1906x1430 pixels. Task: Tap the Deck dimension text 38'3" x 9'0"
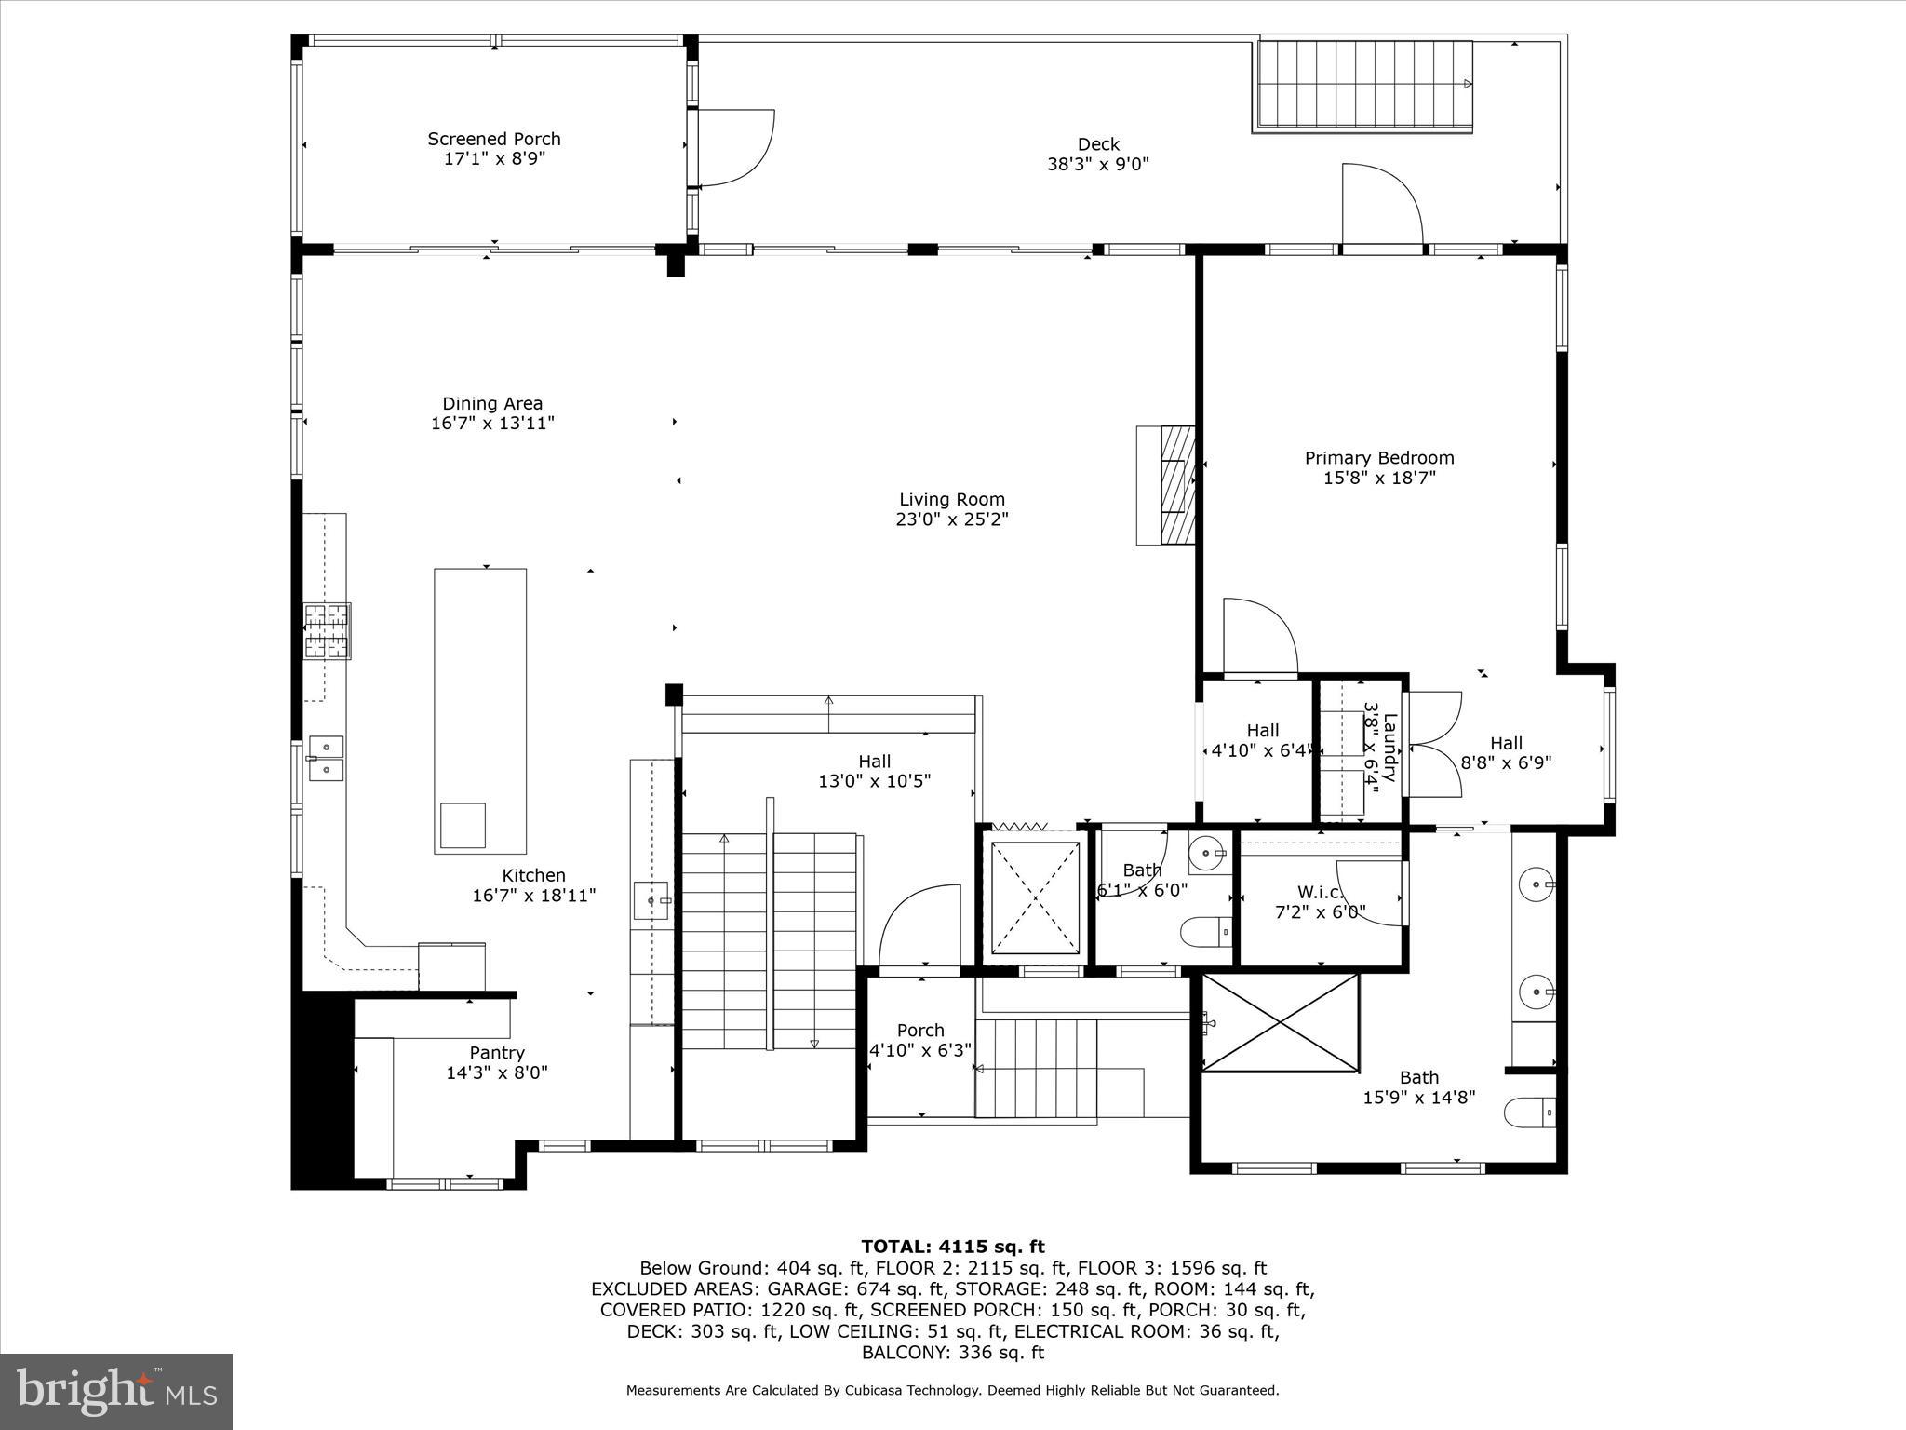click(x=1098, y=165)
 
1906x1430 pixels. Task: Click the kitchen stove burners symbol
click(x=327, y=631)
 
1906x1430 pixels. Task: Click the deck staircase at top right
click(x=1365, y=85)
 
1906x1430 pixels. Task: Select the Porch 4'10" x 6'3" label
click(x=919, y=1040)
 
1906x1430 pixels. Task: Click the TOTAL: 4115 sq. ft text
click(x=952, y=1247)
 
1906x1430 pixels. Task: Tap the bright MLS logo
click(x=116, y=1392)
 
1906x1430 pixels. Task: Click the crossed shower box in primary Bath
click(x=1281, y=1022)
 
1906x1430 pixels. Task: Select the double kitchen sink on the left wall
click(x=326, y=757)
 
